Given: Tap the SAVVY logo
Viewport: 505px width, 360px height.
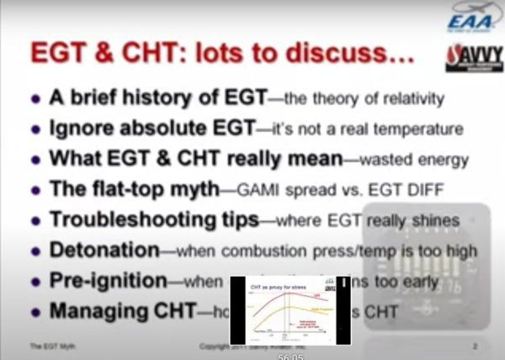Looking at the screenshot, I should pyautogui.click(x=473, y=58).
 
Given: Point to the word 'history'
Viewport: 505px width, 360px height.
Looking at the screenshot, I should pyautogui.click(x=171, y=98).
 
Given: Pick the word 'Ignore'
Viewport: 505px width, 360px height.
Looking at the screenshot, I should pyautogui.click(x=82, y=129).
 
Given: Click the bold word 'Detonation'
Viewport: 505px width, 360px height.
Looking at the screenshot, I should pyautogui.click(x=104, y=251).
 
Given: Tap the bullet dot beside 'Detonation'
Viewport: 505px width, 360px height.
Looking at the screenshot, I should pyautogui.click(x=35, y=251).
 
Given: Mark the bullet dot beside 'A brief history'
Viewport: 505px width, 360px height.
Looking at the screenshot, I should pyautogui.click(x=35, y=99).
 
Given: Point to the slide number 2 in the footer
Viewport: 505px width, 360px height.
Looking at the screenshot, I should pyautogui.click(x=475, y=346).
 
